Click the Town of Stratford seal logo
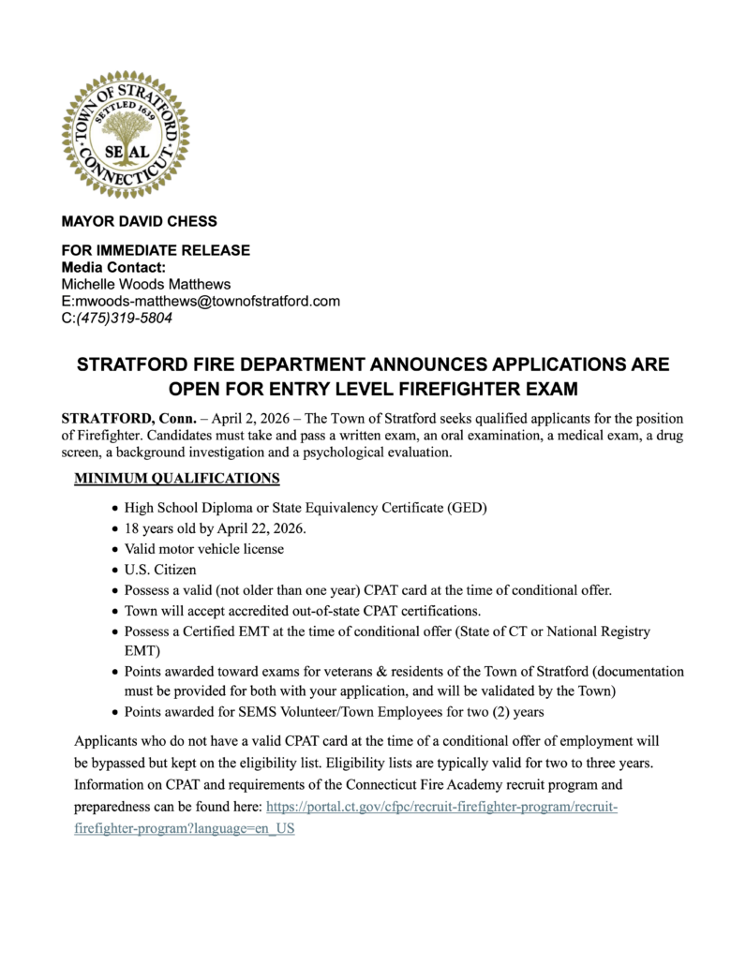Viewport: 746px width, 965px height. point(126,134)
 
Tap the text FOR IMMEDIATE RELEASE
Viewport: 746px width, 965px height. point(156,251)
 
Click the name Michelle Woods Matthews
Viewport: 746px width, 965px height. point(145,284)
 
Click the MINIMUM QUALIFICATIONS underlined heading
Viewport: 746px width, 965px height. point(177,479)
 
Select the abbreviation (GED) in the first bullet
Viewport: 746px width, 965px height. point(467,508)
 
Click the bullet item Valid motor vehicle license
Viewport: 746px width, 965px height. point(204,549)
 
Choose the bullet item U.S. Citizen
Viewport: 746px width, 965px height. point(160,570)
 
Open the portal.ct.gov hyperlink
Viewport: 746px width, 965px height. point(441,808)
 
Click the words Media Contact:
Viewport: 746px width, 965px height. point(113,268)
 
